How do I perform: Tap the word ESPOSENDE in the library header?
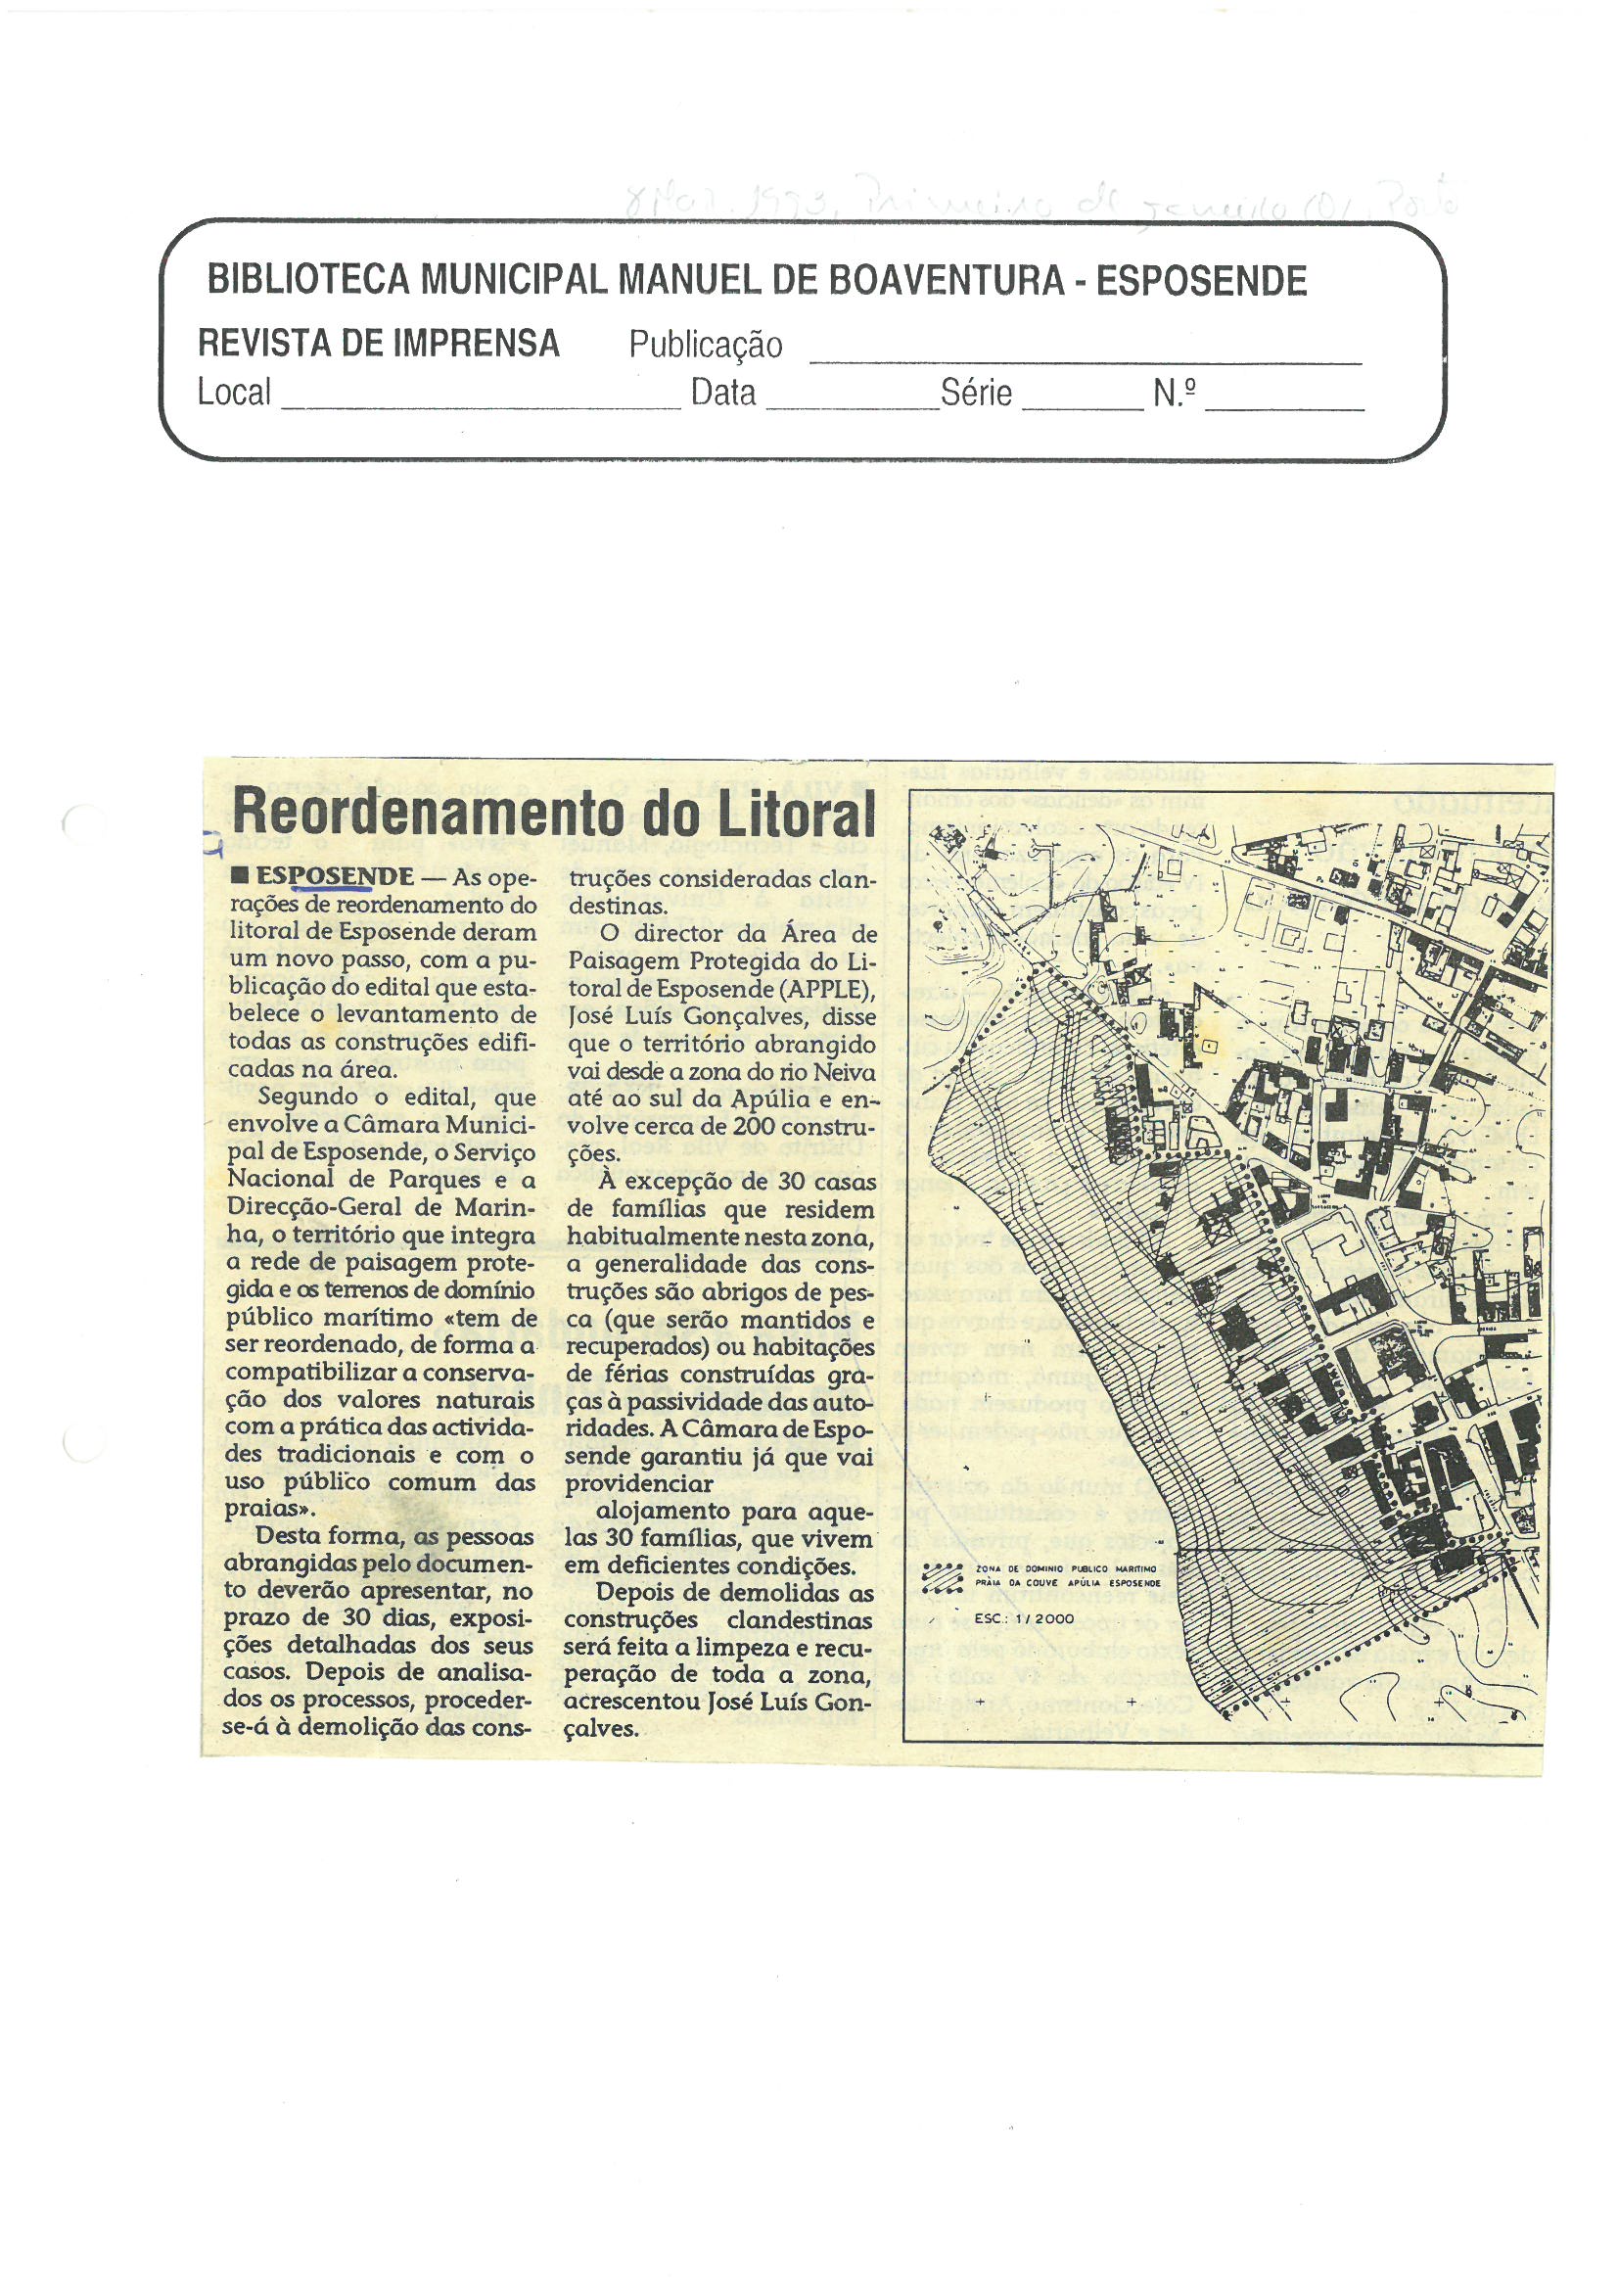[1201, 281]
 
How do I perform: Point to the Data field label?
[722, 393]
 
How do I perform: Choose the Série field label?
[976, 393]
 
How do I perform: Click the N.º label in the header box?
[1175, 393]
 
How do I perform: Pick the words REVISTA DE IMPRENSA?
[378, 343]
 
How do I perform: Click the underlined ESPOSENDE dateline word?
[335, 876]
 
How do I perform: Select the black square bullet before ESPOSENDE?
[239, 876]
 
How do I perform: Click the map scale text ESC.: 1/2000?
[1024, 1618]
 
